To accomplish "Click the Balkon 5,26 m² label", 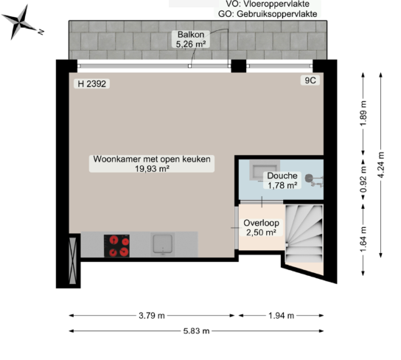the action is (191, 39).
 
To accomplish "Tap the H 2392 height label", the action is (92, 83).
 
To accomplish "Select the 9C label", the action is (310, 80).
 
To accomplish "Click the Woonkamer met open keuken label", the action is (152, 159).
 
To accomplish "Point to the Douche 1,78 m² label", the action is (282, 180).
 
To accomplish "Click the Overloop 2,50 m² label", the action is (261, 227).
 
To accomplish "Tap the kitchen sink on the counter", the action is (163, 244).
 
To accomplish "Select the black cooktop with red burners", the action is (116, 246).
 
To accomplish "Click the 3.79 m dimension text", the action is (152, 316).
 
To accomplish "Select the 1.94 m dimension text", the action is (281, 316).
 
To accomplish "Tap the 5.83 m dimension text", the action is (196, 330).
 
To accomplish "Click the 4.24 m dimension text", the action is (381, 165).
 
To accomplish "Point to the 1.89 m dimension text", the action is (363, 114).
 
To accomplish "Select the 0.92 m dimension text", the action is (363, 179).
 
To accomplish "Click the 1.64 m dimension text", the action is (363, 239).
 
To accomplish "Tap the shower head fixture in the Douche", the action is (309, 178).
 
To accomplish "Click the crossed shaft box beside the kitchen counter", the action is (73, 260).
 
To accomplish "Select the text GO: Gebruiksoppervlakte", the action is (268, 14).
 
